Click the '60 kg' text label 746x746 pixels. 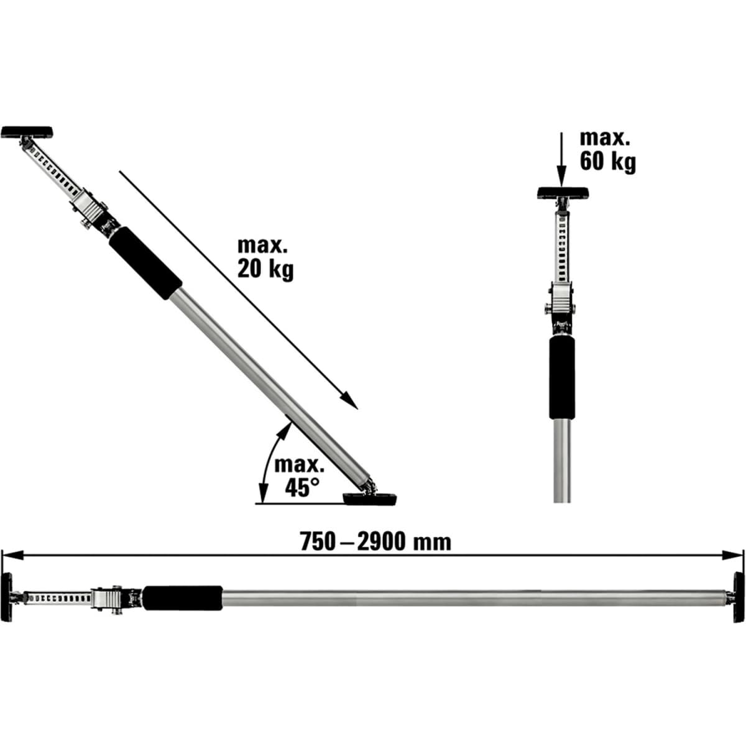[x=607, y=162]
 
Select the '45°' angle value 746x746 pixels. [x=298, y=488]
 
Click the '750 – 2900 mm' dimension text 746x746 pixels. [x=375, y=541]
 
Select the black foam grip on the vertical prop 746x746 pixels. [x=561, y=379]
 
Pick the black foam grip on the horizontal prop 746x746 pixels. [x=183, y=597]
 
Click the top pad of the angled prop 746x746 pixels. [x=27, y=132]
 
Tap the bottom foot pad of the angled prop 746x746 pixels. [x=371, y=499]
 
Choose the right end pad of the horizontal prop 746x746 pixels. [x=738, y=597]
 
